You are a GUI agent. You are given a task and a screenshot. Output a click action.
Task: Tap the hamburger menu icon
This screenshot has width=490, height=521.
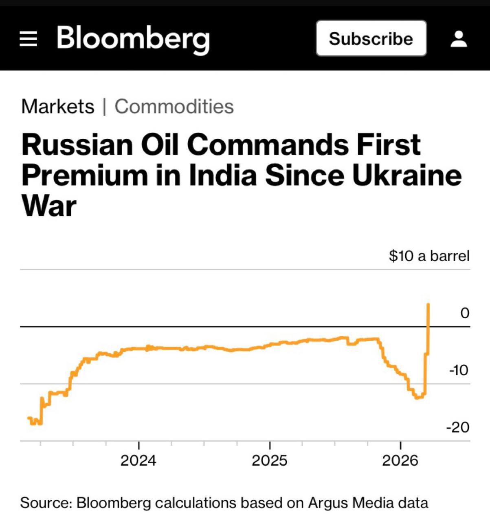(x=28, y=39)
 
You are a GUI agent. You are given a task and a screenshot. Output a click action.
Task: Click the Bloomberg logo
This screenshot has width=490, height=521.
(x=133, y=39)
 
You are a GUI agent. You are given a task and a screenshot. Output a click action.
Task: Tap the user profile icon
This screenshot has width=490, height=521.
(x=459, y=39)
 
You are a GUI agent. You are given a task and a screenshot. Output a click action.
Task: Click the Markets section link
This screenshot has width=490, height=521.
(x=57, y=107)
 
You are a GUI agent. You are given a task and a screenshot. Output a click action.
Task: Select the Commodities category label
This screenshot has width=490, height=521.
(x=174, y=107)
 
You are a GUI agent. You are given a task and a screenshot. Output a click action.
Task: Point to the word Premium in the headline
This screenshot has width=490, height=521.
(x=84, y=175)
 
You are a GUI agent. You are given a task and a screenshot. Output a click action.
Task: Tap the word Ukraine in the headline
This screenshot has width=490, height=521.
(x=407, y=175)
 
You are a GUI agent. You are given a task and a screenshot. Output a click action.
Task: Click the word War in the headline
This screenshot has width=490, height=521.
(x=49, y=206)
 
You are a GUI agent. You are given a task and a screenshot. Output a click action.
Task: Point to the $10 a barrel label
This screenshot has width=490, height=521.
(x=429, y=256)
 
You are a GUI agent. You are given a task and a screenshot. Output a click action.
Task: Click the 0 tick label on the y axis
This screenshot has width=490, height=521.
(x=465, y=313)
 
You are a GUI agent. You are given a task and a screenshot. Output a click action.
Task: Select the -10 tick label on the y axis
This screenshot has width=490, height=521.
(x=459, y=370)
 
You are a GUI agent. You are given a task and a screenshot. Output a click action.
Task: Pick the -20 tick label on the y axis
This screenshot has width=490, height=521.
(x=458, y=427)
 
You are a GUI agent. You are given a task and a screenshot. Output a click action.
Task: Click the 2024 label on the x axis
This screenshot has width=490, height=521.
(x=138, y=460)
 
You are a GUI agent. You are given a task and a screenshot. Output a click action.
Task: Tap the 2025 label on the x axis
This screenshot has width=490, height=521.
(x=270, y=460)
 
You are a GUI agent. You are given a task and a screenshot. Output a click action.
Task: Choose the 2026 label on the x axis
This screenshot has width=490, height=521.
(x=400, y=460)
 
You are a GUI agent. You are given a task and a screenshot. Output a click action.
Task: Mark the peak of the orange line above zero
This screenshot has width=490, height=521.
(x=428, y=304)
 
